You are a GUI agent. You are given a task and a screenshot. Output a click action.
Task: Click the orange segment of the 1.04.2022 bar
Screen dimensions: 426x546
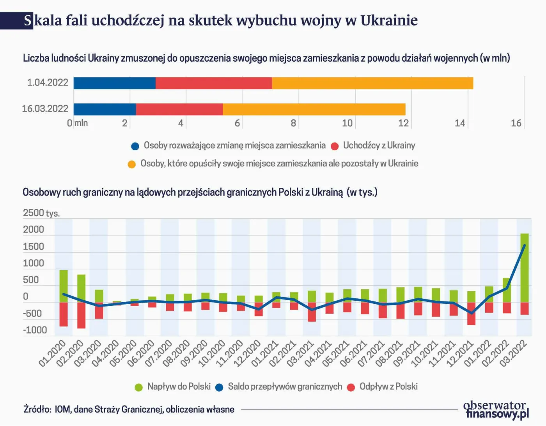point(372,83)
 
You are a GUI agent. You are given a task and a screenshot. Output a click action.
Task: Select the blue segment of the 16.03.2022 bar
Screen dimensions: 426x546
point(105,109)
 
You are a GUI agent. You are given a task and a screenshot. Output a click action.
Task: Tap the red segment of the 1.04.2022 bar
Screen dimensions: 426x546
point(214,83)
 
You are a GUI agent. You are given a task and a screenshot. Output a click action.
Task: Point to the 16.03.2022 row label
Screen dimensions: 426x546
point(45,109)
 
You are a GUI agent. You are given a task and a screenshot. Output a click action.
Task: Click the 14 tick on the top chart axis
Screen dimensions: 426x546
point(460,123)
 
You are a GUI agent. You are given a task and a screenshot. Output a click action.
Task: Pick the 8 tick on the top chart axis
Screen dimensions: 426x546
point(293,123)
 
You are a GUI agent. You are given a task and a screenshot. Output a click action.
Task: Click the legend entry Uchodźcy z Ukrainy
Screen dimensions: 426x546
point(379,146)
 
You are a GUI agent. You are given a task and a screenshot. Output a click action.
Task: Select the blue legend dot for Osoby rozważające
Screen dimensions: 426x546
point(135,146)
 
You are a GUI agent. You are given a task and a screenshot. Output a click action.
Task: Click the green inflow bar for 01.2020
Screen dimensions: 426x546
point(64,286)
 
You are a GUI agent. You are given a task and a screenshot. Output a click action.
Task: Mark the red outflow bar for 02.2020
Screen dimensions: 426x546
point(82,315)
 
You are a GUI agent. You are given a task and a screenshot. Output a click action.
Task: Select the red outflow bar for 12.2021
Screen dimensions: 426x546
point(472,314)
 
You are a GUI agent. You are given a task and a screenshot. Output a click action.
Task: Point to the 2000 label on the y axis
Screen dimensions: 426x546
point(34,230)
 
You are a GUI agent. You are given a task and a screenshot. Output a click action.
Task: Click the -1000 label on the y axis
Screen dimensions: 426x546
point(35,330)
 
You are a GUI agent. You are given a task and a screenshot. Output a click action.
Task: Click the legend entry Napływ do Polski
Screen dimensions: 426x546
point(179,387)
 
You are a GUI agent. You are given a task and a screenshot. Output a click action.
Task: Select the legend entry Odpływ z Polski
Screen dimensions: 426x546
point(388,387)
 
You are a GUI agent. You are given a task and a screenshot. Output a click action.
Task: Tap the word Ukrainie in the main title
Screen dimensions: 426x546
point(389,20)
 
